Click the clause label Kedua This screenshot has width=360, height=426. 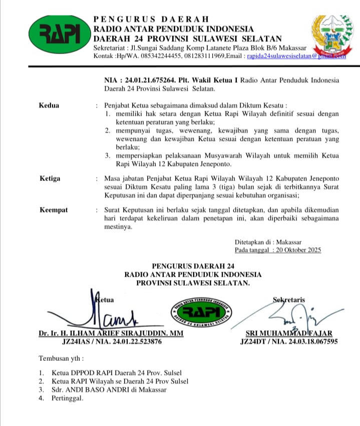click(49, 106)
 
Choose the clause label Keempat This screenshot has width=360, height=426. click(53, 210)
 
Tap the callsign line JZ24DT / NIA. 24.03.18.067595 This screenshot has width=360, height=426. click(289, 342)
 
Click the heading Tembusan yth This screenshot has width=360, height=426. click(61, 359)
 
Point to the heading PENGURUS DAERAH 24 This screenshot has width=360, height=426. click(192, 266)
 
